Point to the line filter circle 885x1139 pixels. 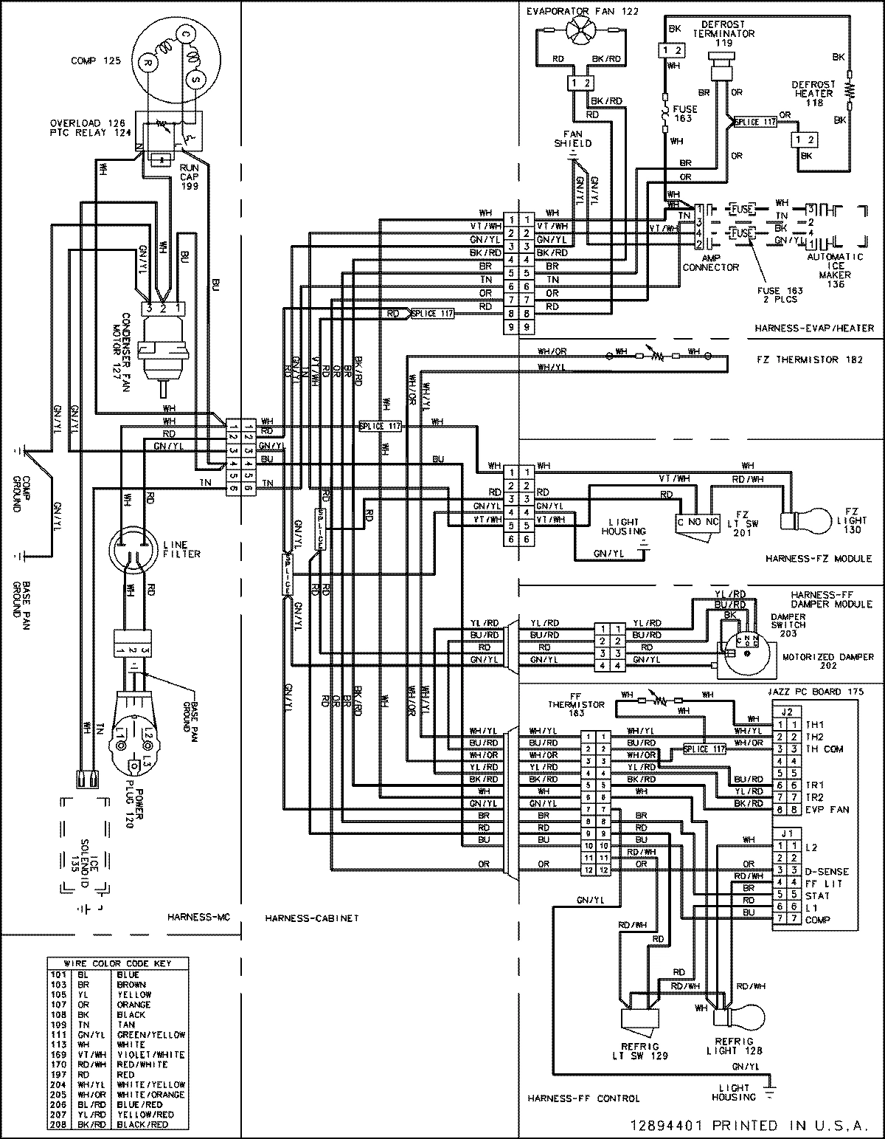tap(133, 549)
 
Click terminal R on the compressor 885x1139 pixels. tap(148, 64)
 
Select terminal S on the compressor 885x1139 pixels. tap(196, 78)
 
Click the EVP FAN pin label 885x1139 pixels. tap(827, 810)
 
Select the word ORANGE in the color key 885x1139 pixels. tap(133, 1005)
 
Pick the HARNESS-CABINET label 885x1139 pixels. tap(310, 918)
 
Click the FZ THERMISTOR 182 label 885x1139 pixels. tap(809, 359)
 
